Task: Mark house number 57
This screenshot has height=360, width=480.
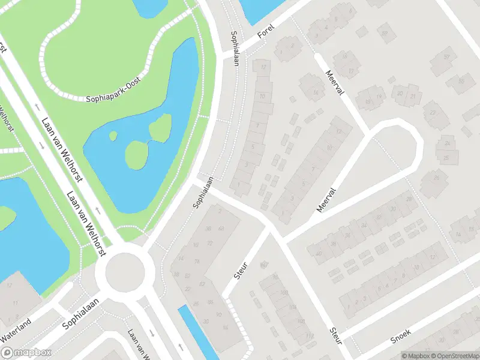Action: coord(446,57)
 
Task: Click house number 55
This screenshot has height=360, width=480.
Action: coord(461,81)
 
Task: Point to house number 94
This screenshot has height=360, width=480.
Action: coord(225,327)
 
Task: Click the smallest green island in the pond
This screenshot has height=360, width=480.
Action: coord(113,135)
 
